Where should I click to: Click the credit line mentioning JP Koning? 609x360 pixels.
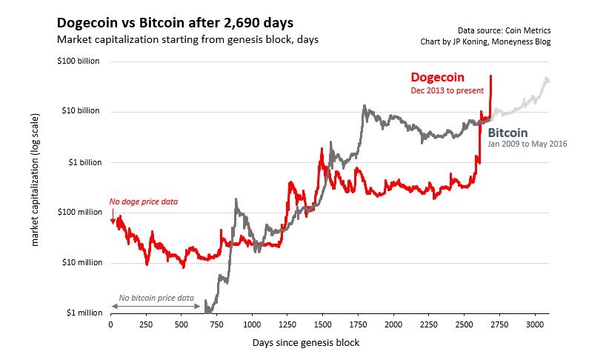pos(485,41)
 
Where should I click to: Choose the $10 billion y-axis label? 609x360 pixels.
pos(80,111)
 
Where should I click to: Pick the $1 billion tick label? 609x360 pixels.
pos(82,161)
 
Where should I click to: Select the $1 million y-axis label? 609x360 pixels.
pos(82,313)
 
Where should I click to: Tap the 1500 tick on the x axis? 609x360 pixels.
pos(322,324)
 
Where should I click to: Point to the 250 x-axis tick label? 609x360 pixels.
pos(146,324)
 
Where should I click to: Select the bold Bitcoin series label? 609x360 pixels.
pos(507,133)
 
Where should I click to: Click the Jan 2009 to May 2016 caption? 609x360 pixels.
pos(528,144)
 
